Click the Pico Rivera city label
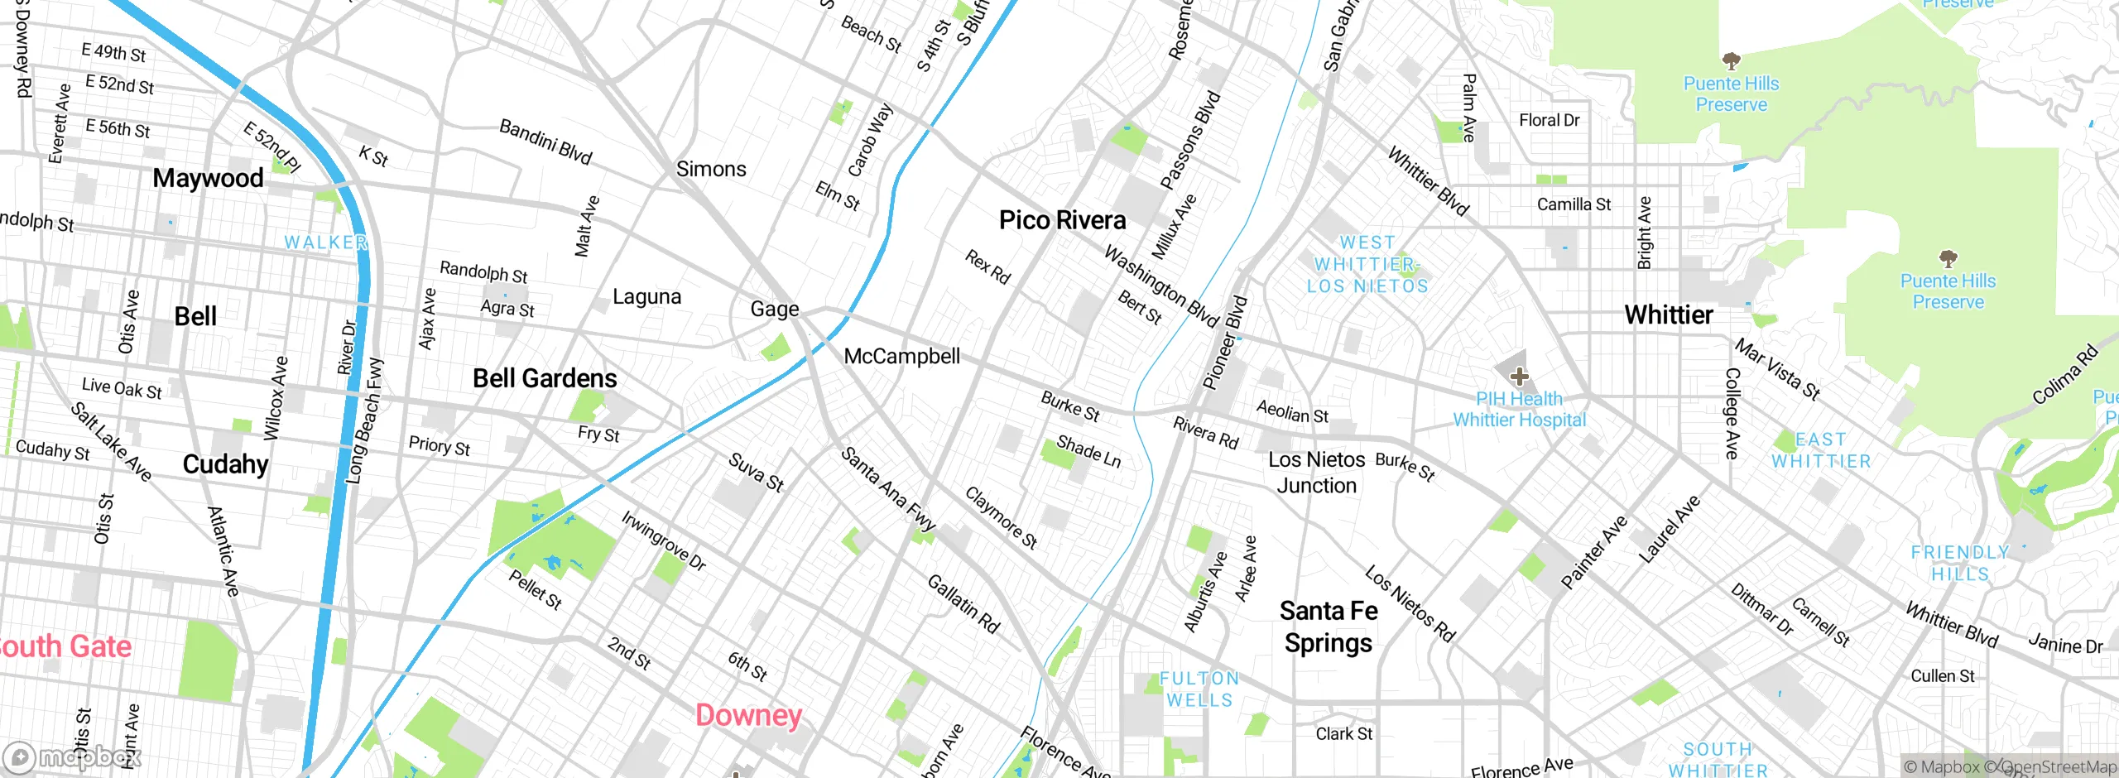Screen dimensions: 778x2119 [1062, 220]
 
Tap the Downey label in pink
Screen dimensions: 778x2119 [749, 715]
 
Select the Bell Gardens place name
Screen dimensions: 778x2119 [545, 378]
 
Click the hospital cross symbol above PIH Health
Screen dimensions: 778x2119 [1519, 377]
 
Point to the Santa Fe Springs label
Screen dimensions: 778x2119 [1329, 627]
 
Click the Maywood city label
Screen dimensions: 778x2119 [208, 178]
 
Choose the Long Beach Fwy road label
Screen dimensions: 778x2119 [364, 421]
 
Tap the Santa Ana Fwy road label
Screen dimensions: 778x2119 [888, 488]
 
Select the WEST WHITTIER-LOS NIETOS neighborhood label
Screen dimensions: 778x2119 [1367, 264]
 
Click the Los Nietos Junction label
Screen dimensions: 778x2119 [1316, 473]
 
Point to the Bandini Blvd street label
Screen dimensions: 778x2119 [545, 142]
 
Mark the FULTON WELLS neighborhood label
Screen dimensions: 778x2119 [1199, 689]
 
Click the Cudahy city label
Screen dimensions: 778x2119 [225, 464]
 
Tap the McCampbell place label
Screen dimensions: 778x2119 [902, 357]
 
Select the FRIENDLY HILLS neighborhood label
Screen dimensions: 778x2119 [1959, 563]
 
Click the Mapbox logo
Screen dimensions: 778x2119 [73, 757]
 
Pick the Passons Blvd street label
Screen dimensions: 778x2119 [1190, 140]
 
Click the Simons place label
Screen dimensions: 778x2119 [711, 169]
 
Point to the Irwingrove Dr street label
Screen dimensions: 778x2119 [664, 540]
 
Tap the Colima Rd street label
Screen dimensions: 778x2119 [2066, 374]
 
